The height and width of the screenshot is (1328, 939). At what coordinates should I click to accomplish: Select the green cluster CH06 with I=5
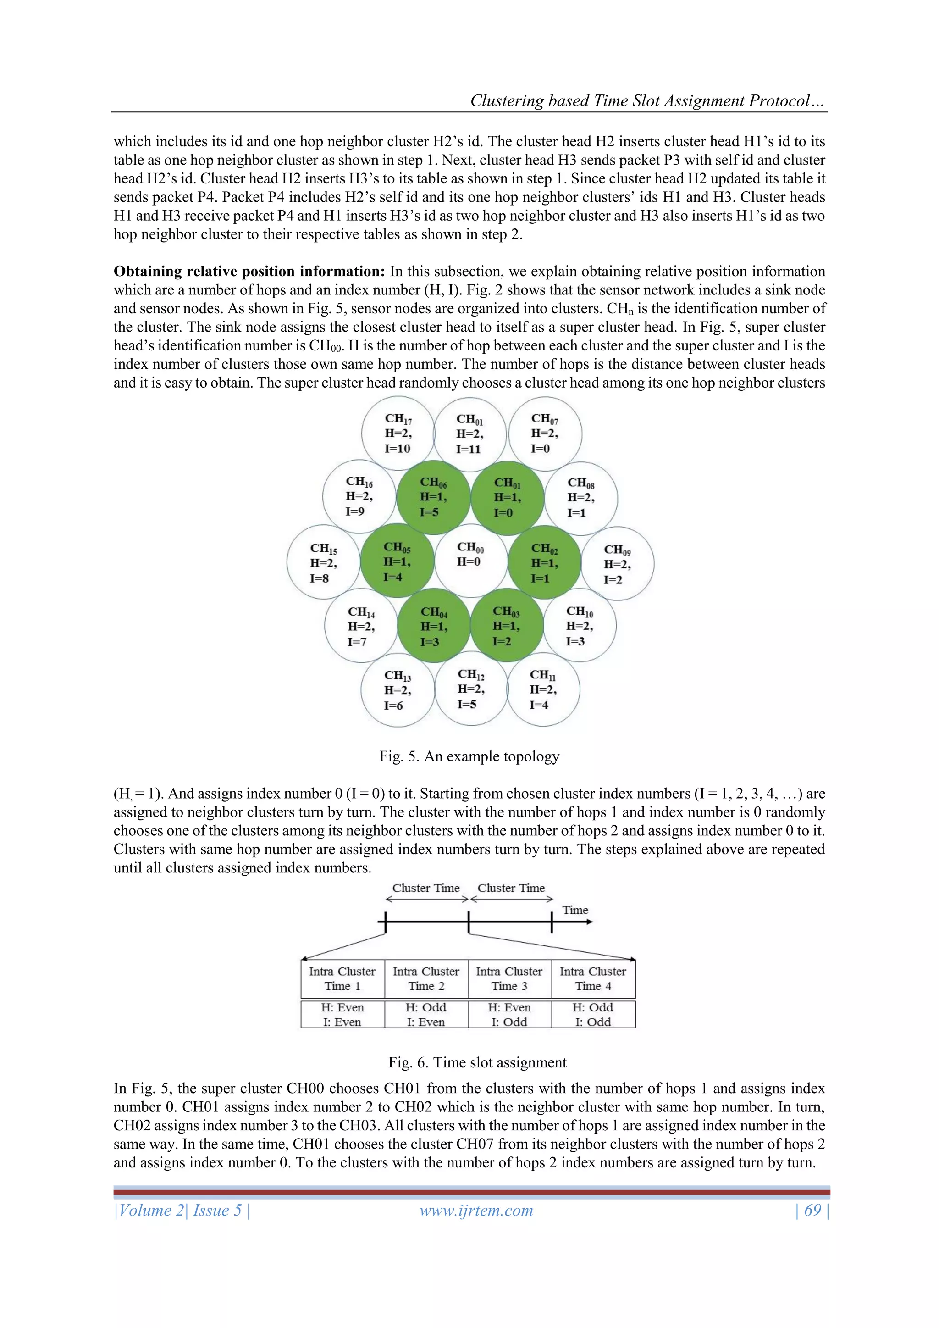433,497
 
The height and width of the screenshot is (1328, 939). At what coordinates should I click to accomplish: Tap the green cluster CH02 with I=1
544,562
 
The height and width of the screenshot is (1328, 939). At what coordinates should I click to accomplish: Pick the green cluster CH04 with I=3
434,626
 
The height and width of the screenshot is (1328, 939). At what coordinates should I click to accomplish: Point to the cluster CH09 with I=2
618,564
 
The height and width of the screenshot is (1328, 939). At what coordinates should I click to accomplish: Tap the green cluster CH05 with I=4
397,561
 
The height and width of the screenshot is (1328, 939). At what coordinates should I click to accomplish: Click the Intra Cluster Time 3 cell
509,978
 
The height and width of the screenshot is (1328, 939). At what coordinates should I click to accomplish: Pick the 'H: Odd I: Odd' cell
593,1015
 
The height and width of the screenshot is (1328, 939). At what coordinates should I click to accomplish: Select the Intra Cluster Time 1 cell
342,978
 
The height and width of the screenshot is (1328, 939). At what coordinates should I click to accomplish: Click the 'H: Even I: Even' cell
342,1015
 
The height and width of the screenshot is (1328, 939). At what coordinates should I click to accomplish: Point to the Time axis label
575,911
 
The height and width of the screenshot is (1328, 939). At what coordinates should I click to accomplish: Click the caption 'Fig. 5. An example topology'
469,756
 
